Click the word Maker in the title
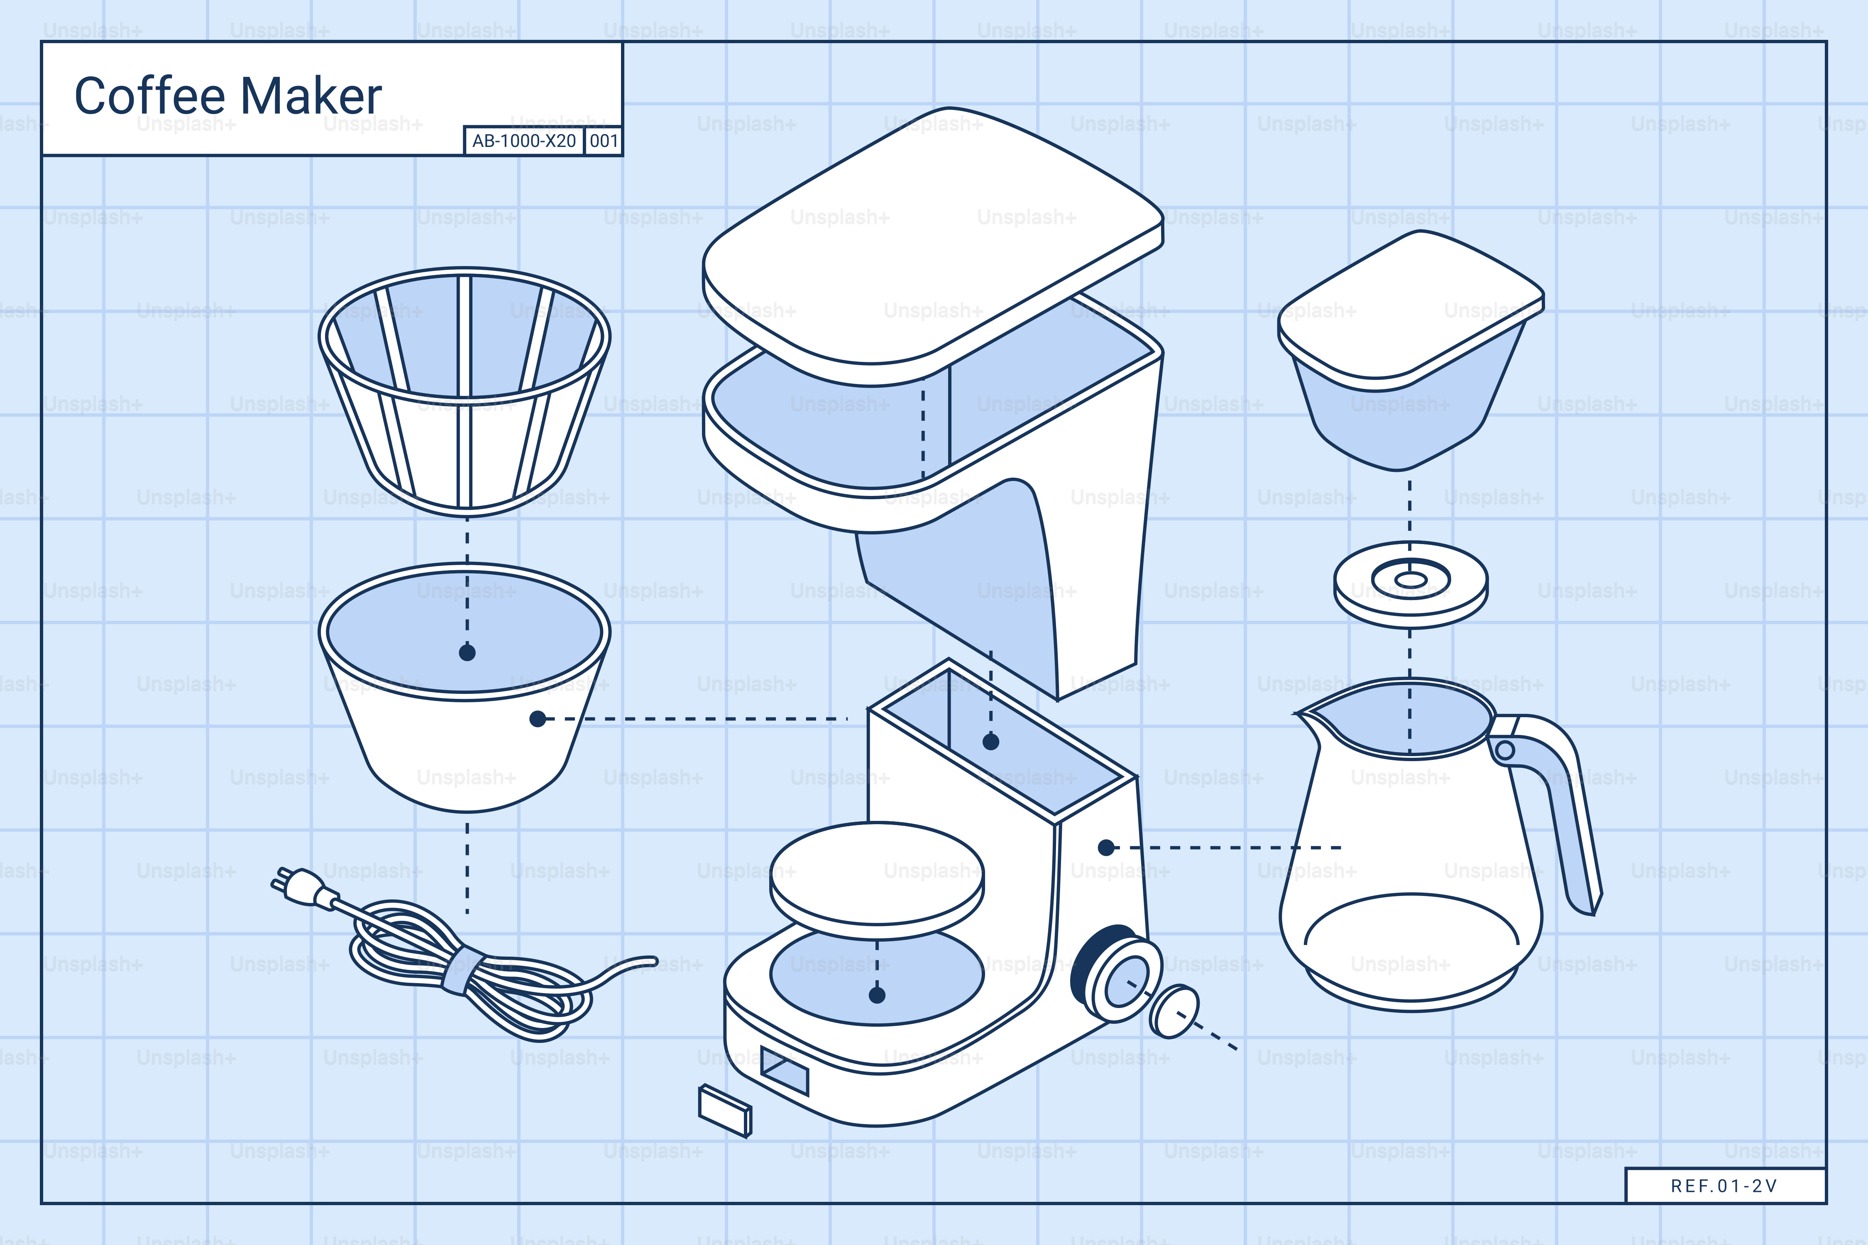311,97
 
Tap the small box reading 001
604,142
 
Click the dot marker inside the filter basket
467,653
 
